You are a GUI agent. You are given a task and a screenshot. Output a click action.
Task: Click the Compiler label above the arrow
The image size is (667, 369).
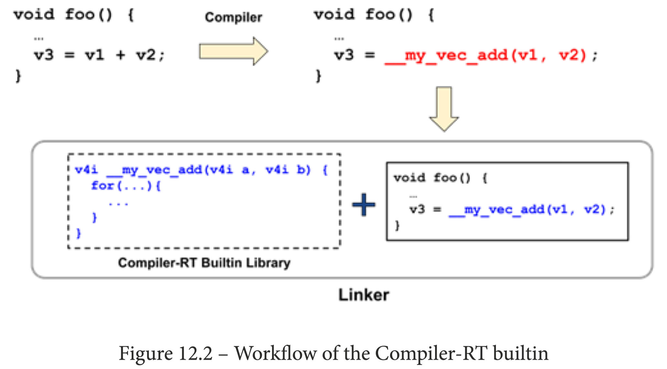233,17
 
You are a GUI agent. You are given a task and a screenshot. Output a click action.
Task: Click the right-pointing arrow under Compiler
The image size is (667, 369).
233,51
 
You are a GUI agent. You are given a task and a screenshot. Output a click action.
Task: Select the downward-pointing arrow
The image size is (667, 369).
444,109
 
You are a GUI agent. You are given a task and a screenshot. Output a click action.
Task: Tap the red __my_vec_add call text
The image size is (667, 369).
485,56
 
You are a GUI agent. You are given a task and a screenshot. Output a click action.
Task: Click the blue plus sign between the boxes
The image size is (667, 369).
364,205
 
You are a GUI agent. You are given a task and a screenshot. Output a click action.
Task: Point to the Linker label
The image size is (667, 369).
364,295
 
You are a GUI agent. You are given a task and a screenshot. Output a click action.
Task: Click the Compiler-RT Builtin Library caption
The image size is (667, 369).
204,263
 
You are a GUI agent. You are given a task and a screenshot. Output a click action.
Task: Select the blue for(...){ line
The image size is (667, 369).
126,186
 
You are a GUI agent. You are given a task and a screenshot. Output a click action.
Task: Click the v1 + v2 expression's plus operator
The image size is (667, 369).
120,55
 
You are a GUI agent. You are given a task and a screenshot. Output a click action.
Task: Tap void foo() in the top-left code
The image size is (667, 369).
63,15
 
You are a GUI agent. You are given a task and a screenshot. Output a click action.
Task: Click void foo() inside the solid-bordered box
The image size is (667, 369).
432,178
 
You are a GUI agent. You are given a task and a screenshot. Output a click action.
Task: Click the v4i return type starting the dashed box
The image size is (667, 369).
86,170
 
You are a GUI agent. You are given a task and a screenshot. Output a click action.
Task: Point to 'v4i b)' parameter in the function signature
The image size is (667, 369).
288,170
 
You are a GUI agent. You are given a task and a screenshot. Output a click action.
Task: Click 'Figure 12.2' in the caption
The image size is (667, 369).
166,353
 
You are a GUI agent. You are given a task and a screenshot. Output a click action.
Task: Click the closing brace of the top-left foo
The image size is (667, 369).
18,76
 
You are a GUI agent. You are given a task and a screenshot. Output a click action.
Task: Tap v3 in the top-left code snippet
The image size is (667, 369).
44,55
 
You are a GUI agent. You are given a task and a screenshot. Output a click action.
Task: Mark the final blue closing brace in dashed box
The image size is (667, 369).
78,233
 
